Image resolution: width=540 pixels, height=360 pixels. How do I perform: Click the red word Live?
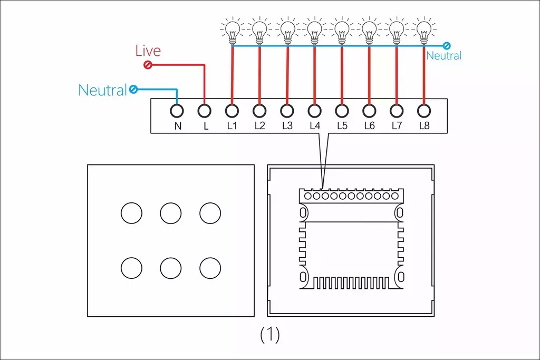pyautogui.click(x=148, y=51)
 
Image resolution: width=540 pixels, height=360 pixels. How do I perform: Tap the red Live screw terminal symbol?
pyautogui.click(x=148, y=65)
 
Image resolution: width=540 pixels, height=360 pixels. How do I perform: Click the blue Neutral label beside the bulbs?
pyautogui.click(x=443, y=55)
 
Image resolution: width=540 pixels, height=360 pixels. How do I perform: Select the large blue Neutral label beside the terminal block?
pyautogui.click(x=103, y=90)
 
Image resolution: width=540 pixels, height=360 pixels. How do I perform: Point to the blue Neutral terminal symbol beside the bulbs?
pyautogui.click(x=447, y=45)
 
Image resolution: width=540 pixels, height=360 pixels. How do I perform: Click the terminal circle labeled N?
pyautogui.click(x=177, y=111)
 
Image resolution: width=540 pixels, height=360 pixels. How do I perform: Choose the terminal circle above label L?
pyautogui.click(x=204, y=111)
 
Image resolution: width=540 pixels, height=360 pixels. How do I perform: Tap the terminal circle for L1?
pyautogui.click(x=232, y=111)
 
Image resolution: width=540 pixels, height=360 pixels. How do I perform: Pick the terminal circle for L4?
pyautogui.click(x=314, y=111)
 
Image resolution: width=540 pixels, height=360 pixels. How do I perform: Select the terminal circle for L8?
pyautogui.click(x=424, y=111)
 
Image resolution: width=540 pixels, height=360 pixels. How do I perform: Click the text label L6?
pyautogui.click(x=369, y=125)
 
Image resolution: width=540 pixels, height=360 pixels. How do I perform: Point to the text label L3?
pyautogui.click(x=287, y=125)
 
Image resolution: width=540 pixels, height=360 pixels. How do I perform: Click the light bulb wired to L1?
pyautogui.click(x=232, y=31)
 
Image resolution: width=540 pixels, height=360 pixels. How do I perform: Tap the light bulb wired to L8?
pyautogui.click(x=424, y=31)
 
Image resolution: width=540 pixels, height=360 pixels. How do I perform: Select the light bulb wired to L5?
pyautogui.click(x=342, y=31)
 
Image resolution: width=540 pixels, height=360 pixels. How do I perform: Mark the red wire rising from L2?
pyautogui.click(x=259, y=75)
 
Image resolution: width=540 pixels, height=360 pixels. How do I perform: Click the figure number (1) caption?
pyautogui.click(x=270, y=335)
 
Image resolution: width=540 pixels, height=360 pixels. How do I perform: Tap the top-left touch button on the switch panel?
pyautogui.click(x=131, y=213)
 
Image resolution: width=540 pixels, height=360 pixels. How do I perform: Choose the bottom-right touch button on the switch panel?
pyautogui.click(x=210, y=268)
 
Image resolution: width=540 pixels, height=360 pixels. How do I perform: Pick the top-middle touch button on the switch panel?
pyautogui.click(x=171, y=213)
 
